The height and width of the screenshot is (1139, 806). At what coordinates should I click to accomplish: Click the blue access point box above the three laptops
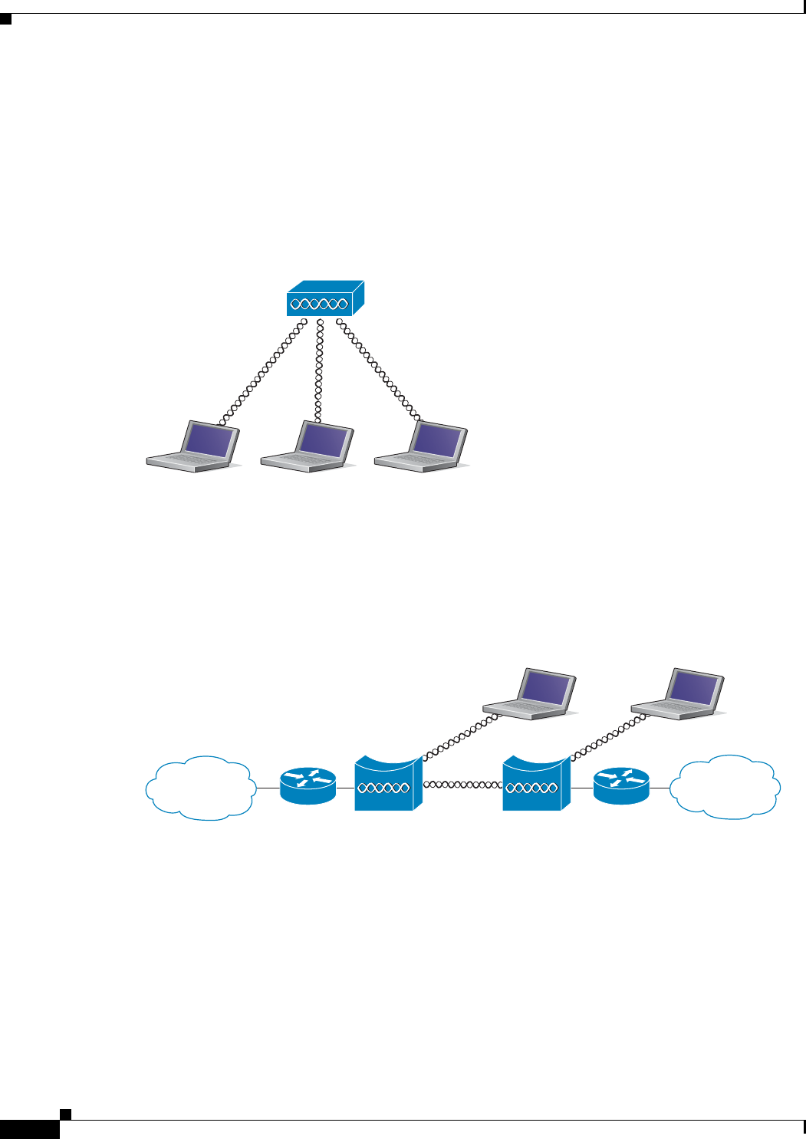324,299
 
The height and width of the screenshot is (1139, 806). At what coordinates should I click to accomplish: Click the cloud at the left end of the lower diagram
201,788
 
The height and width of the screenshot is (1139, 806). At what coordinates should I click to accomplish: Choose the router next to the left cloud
308,786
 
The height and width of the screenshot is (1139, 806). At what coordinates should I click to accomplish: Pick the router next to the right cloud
621,786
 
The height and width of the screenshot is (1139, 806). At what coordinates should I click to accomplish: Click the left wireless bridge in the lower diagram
388,784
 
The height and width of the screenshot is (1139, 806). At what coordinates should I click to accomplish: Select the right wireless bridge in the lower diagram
536,784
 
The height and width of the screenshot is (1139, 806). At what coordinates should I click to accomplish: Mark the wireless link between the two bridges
462,785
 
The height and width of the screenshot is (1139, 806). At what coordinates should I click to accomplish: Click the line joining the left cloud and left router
268,788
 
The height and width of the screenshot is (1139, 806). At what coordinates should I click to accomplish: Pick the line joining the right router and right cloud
660,788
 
